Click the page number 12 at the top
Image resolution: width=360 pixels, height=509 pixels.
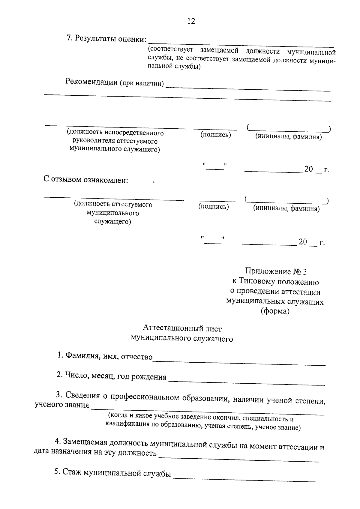tap(191, 21)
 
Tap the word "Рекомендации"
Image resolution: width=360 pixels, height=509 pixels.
tap(91, 82)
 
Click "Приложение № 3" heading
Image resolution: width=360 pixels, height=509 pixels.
tap(276, 272)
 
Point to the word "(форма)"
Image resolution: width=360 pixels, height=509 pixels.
tap(275, 311)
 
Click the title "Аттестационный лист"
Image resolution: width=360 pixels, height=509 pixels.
tap(182, 328)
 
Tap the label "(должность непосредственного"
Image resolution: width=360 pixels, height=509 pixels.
tap(115, 133)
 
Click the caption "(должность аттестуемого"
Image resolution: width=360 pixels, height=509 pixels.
tap(113, 205)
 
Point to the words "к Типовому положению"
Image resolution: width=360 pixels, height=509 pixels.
tap(275, 282)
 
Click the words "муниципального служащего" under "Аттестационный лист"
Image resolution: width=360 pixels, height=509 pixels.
tap(182, 338)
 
